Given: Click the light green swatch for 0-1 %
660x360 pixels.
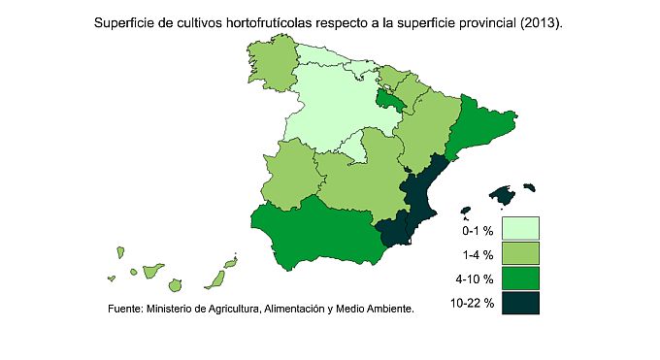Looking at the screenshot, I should [x=521, y=228].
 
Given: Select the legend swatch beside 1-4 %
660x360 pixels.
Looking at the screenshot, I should [x=521, y=253].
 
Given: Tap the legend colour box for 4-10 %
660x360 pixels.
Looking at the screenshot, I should [x=521, y=278].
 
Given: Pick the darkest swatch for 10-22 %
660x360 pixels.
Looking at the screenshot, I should [x=521, y=304].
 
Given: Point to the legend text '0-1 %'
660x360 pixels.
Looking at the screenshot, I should [x=478, y=231].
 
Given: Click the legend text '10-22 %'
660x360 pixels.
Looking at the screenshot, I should [x=473, y=304].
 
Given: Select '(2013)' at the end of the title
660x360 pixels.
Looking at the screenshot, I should [x=540, y=20].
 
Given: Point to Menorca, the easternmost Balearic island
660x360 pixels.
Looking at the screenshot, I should [x=529, y=185].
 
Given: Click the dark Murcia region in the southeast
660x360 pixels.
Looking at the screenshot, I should [x=395, y=232].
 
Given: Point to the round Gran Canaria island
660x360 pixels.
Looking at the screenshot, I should [x=175, y=285].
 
